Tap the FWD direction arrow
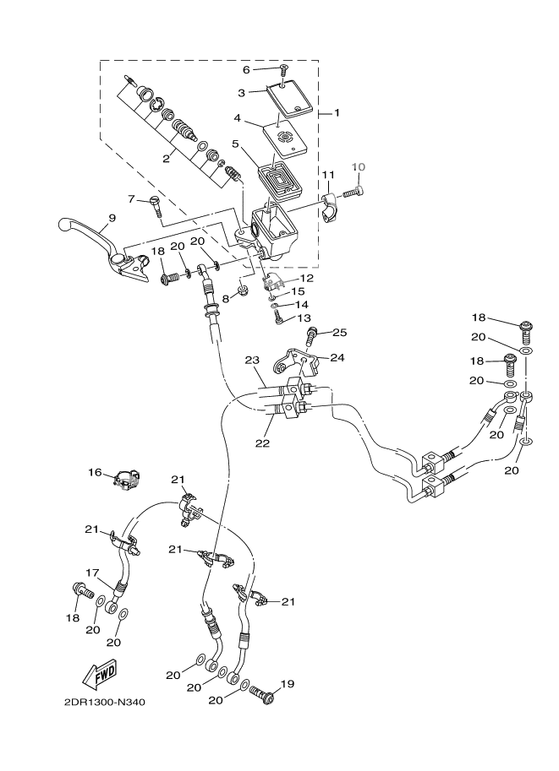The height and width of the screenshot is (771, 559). tap(99, 673)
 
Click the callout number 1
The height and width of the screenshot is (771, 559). tap(337, 111)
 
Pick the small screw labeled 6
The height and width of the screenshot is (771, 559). tap(283, 70)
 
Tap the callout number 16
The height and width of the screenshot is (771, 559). tap(96, 474)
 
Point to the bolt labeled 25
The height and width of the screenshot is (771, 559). tap(311, 336)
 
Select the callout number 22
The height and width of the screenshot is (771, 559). tap(263, 442)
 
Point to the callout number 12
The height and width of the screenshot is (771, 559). tap(306, 278)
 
